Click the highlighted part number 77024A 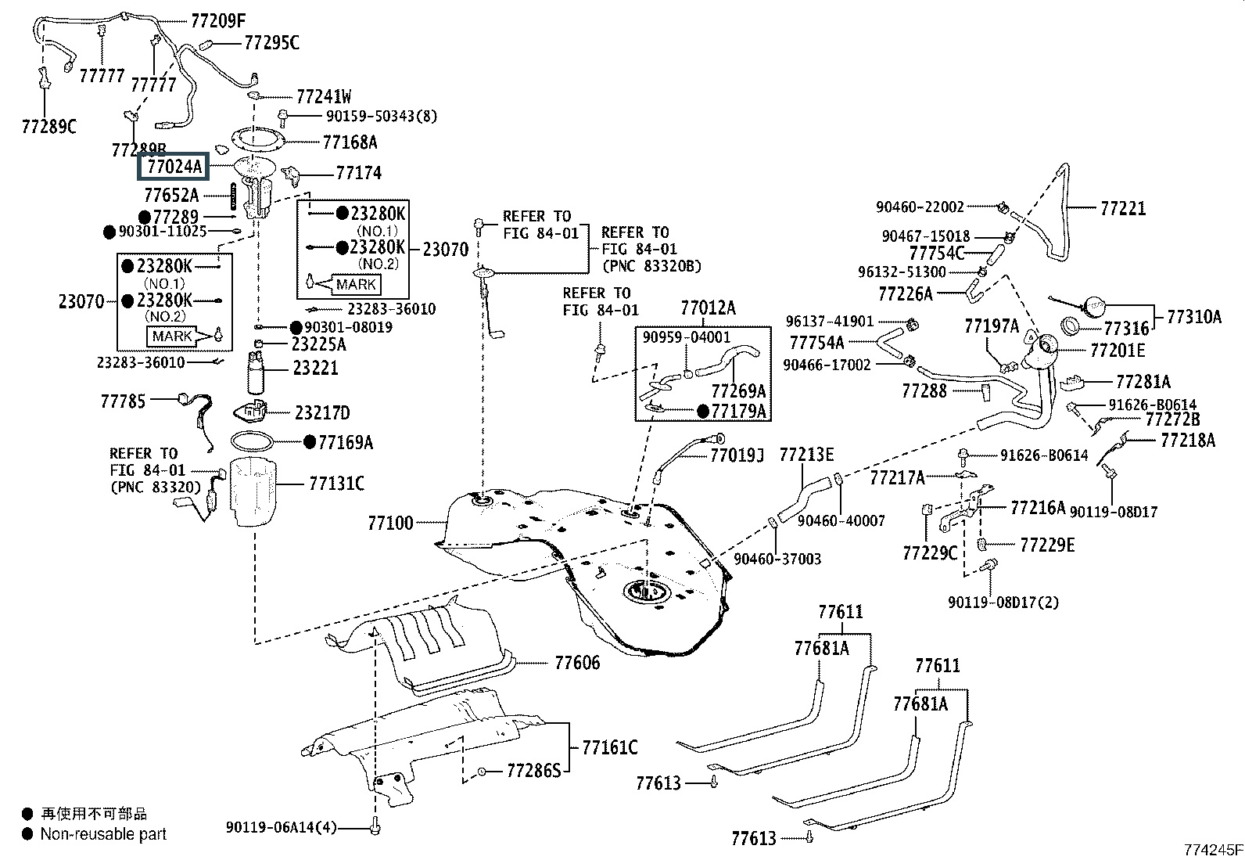(x=174, y=167)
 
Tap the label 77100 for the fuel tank (x=391, y=523)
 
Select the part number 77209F (x=218, y=21)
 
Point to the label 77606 (x=577, y=663)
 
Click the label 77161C (x=610, y=747)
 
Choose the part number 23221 (x=315, y=368)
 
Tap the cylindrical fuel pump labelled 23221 (x=256, y=372)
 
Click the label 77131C (x=337, y=484)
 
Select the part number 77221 (x=1123, y=209)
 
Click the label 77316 (x=1127, y=329)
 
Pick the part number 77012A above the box (x=708, y=308)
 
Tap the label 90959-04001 (x=687, y=337)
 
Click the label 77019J (x=737, y=456)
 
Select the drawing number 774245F (x=1213, y=850)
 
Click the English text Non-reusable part (x=103, y=834)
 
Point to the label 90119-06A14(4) (x=282, y=828)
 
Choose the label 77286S (x=533, y=771)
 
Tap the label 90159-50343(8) (x=382, y=117)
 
